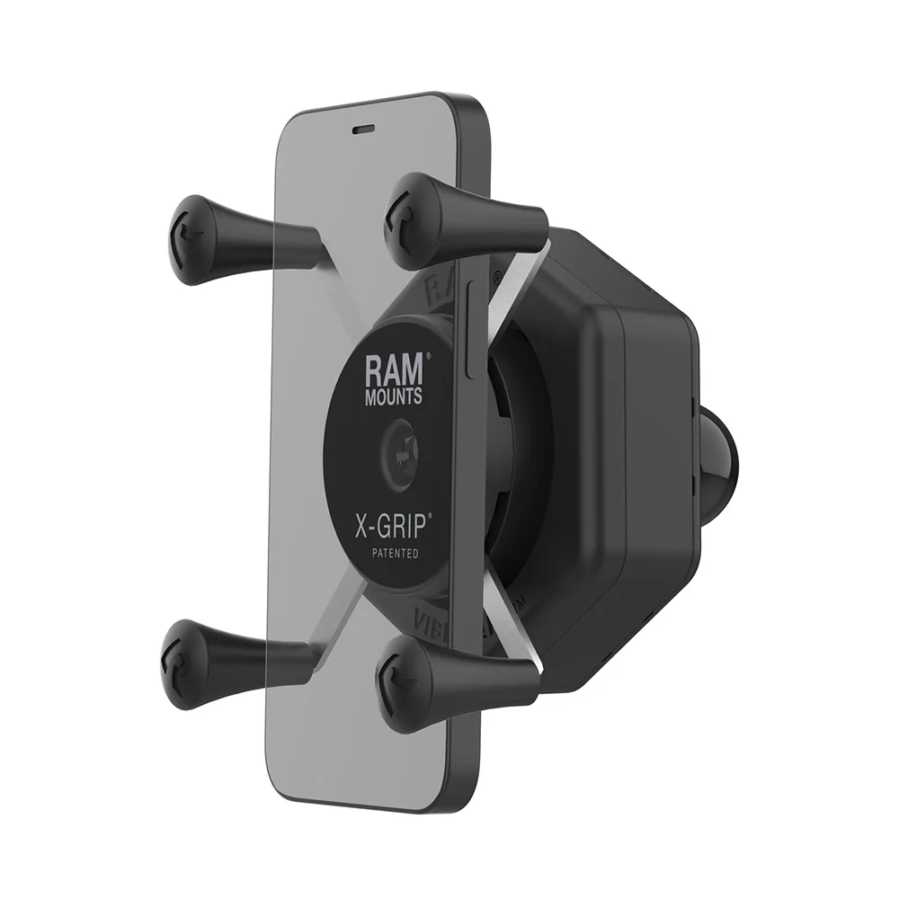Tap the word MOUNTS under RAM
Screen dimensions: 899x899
[392, 396]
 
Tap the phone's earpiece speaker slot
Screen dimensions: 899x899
[364, 129]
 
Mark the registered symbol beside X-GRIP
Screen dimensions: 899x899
[430, 516]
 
